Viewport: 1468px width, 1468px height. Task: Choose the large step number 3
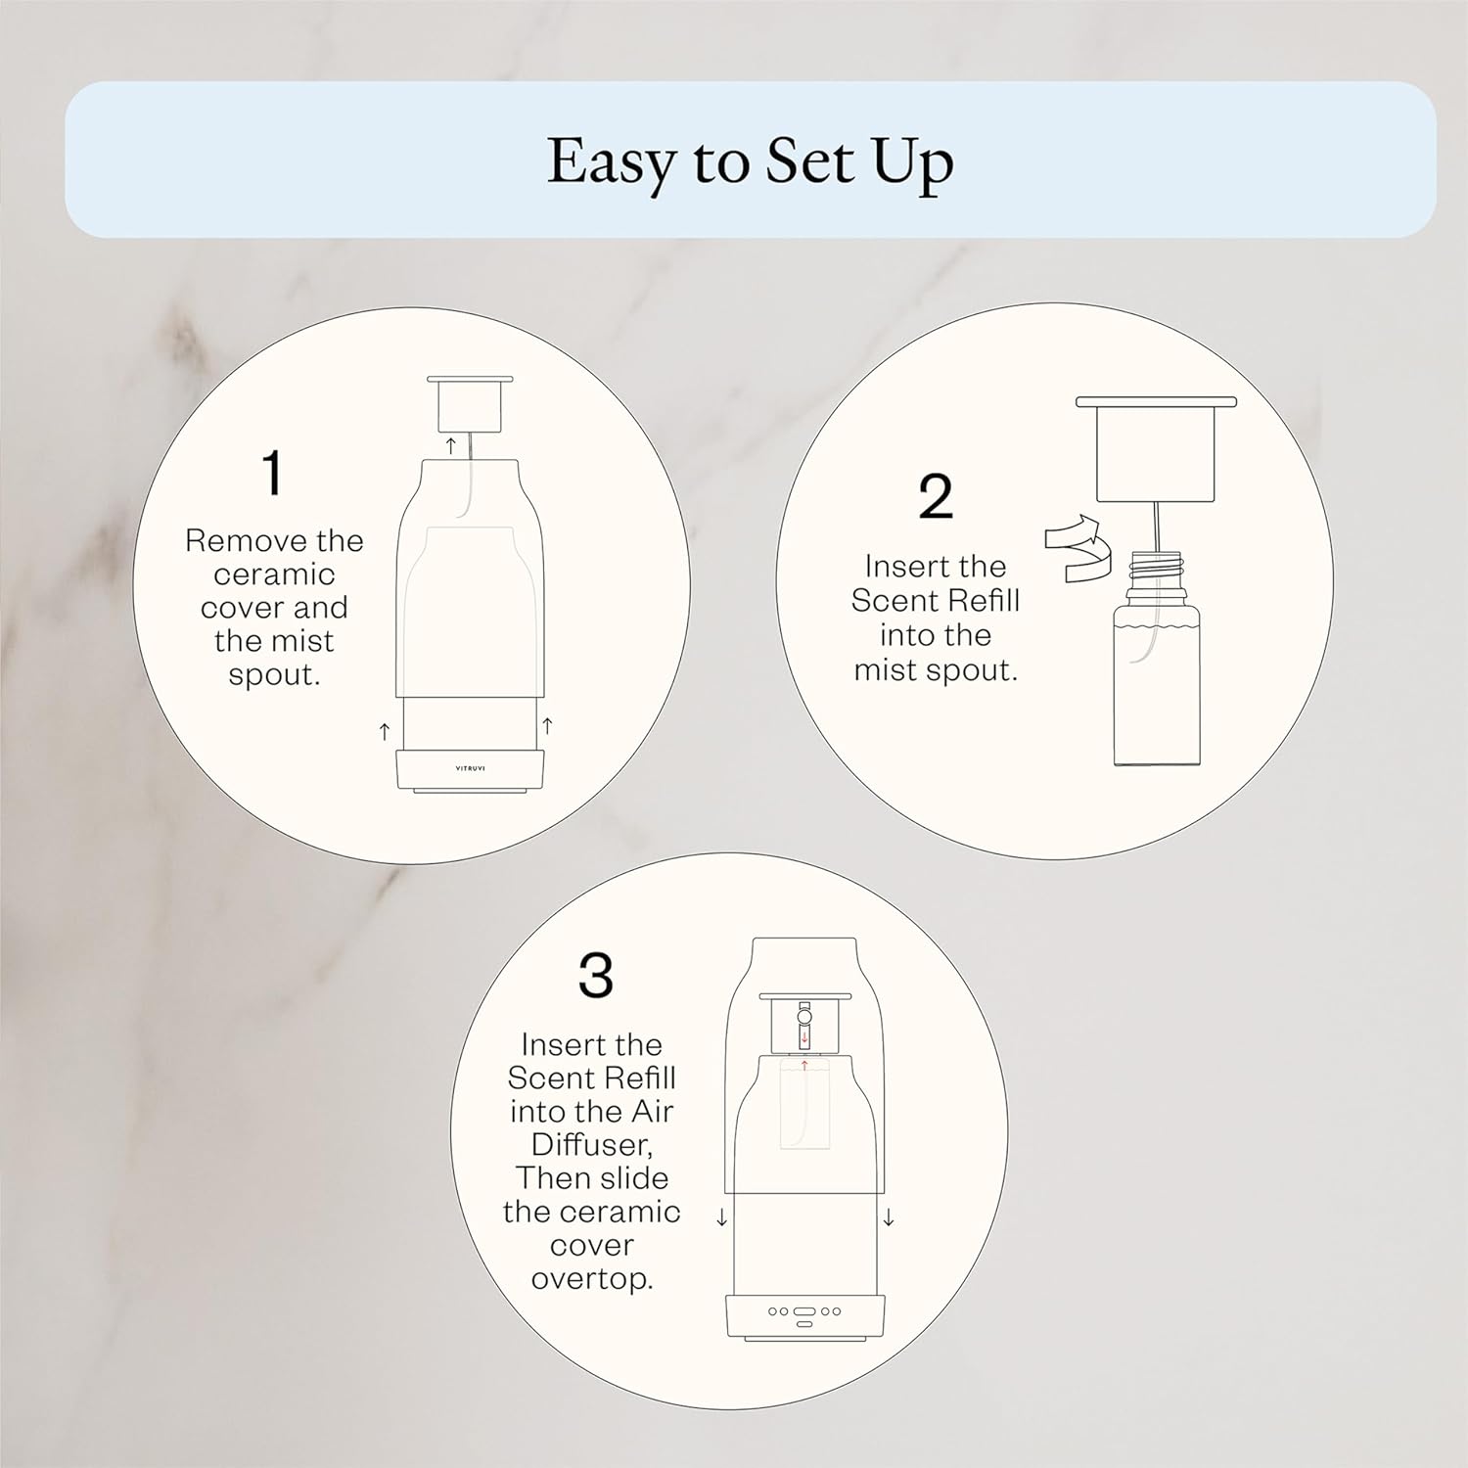595,975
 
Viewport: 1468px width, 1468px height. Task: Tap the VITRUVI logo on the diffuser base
470,767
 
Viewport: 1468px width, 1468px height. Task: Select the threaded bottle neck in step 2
1156,573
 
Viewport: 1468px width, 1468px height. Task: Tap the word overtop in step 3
591,1279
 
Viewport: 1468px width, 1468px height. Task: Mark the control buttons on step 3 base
804,1312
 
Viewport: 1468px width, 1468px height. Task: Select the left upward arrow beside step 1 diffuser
385,730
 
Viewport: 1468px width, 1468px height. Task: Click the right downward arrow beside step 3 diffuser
889,1217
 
